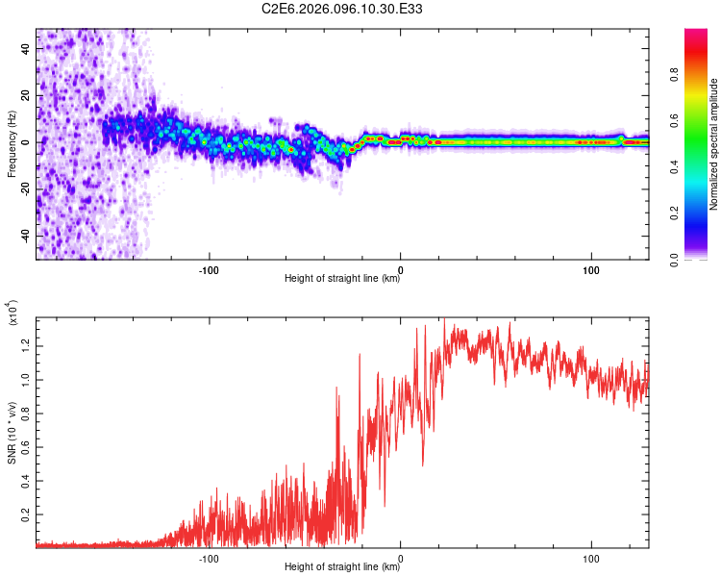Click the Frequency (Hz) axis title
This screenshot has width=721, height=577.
(12, 144)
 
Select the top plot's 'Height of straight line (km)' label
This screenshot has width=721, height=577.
(342, 279)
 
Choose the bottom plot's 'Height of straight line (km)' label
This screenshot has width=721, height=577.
(342, 567)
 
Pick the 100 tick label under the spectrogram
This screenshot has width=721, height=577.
(592, 268)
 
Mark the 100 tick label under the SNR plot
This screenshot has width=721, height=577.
(592, 557)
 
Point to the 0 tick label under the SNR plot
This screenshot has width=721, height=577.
(401, 557)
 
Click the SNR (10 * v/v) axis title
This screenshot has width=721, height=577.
(12, 433)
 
